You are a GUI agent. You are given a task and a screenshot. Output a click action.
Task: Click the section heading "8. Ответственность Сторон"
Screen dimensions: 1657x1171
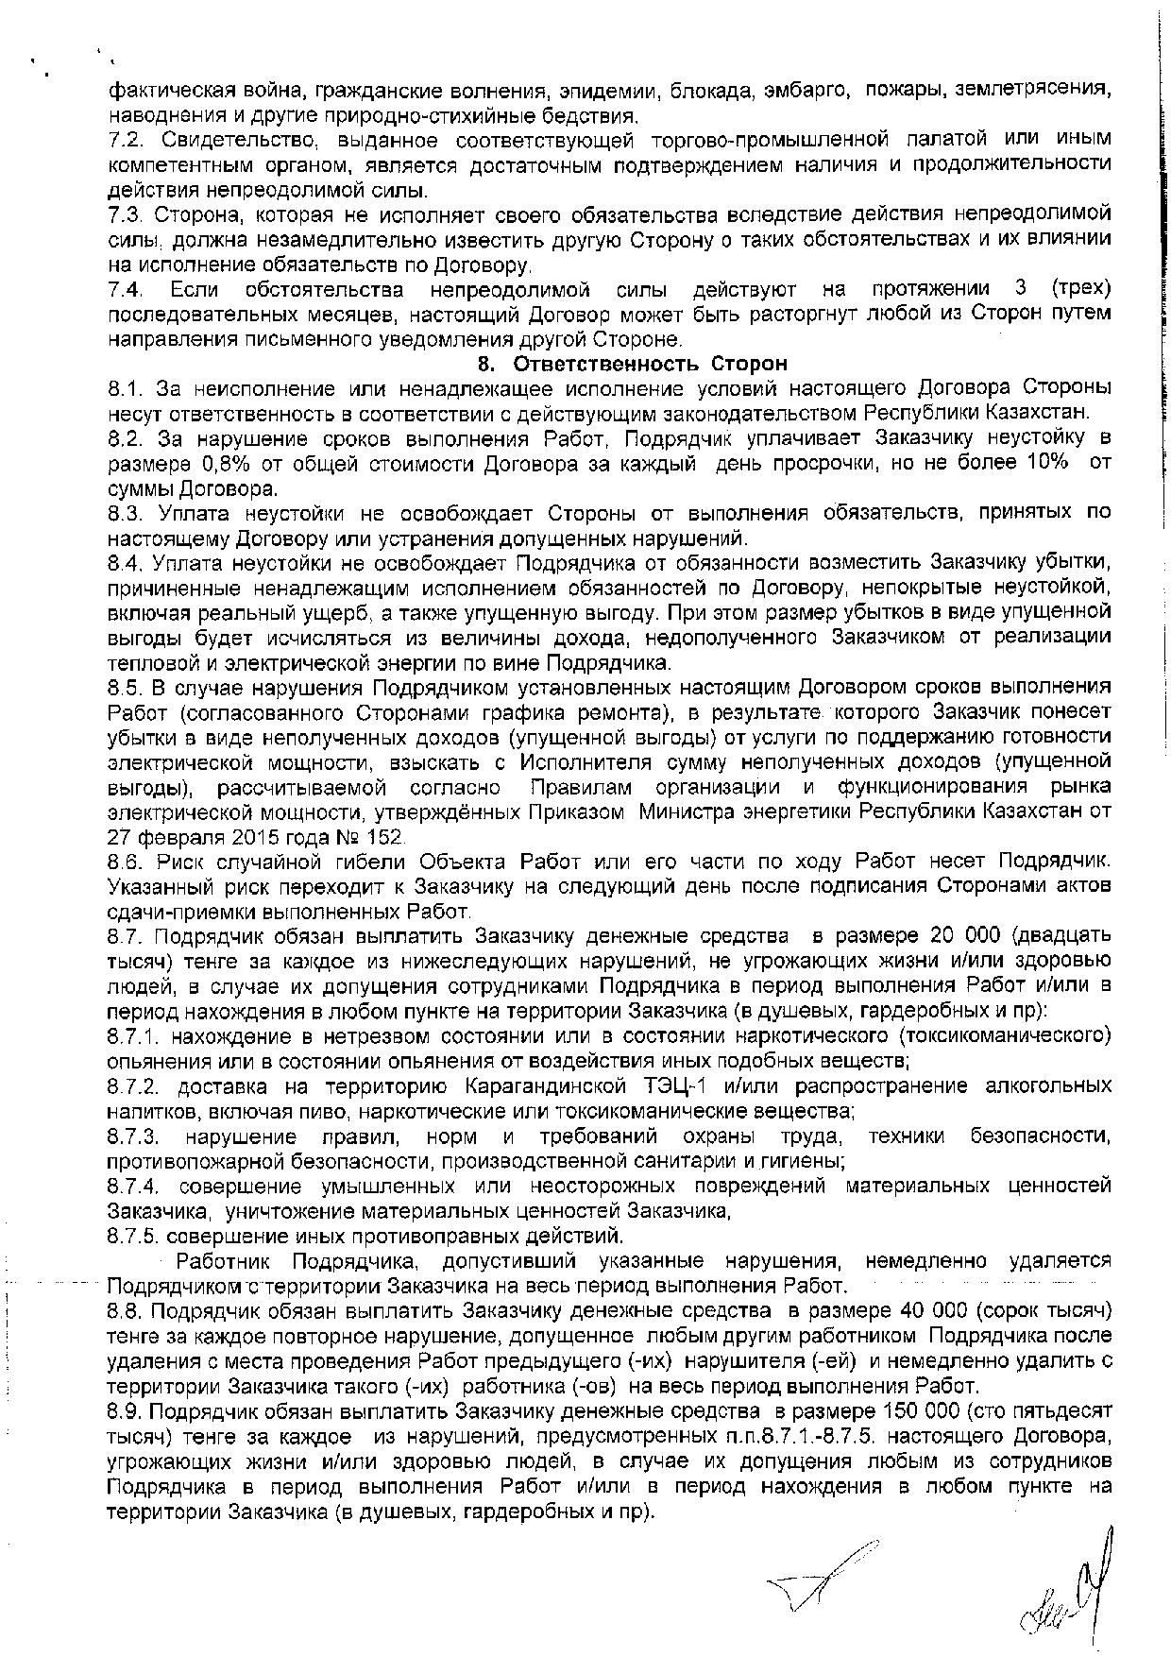[632, 364]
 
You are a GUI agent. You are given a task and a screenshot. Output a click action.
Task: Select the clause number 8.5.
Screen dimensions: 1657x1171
[125, 686]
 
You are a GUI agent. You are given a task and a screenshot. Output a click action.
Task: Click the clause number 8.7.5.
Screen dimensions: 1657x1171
[137, 1236]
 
